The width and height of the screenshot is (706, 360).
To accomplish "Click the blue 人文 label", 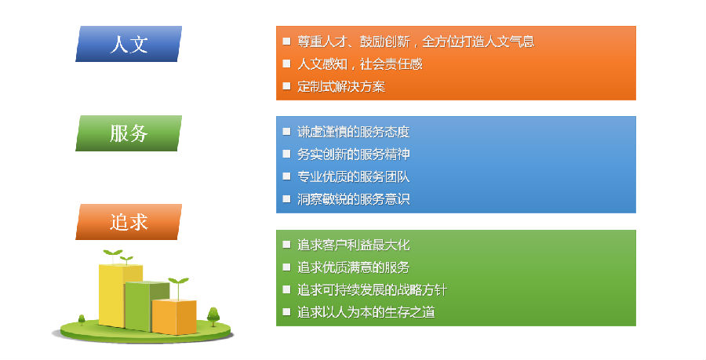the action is point(129,44).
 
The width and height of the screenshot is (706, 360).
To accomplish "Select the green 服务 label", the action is point(129,133).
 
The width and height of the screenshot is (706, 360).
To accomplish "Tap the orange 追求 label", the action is point(129,222).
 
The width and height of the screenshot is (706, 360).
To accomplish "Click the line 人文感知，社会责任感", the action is point(360,64).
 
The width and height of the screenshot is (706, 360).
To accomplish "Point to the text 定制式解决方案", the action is point(341,86).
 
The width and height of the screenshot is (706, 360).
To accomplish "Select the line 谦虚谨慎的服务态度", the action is point(354,132).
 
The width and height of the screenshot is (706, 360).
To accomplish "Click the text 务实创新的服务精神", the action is point(354,155).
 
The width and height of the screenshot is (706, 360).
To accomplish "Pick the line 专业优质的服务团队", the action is point(354,176).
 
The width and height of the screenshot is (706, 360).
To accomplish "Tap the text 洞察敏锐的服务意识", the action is point(354,199).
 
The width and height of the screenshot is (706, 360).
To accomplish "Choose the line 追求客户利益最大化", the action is point(354,245).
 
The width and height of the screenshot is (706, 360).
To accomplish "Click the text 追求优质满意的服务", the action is point(354,267).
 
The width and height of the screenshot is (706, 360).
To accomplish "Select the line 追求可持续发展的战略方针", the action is point(372,289).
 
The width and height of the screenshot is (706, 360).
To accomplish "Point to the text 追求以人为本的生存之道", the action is point(366,312).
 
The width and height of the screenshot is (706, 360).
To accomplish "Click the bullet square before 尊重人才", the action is point(286,41).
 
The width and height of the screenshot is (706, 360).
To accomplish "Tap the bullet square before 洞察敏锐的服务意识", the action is point(286,198).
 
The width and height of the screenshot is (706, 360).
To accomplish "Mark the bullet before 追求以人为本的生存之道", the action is point(286,311).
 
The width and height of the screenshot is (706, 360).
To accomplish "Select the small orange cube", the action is point(174,317).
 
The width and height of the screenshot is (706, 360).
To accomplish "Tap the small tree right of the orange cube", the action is point(213,316).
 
